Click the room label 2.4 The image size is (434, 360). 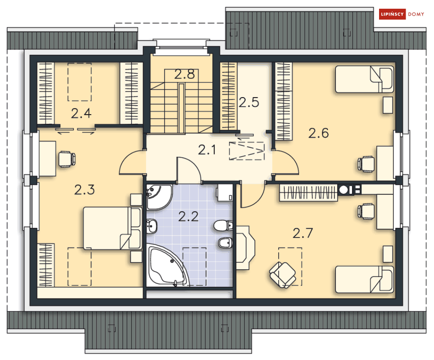tap(81, 113)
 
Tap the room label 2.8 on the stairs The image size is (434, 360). tap(185, 74)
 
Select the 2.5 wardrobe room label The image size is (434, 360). tap(249, 102)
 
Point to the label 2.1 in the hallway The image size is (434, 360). tap(207, 150)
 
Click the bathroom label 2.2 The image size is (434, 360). tap(188, 217)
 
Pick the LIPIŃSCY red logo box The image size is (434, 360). tap(392, 14)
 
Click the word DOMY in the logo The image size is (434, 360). tap(416, 14)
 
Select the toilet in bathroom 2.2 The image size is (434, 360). tap(223, 225)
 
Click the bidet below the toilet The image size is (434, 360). tap(226, 243)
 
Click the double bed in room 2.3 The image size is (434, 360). tap(113, 228)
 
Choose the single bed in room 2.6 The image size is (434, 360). tap(365, 79)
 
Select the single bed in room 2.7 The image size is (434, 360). tap(365, 279)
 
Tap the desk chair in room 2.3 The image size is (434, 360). tap(67, 159)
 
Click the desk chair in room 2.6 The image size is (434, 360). tap(366, 164)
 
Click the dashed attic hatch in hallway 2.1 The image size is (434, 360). tap(246, 151)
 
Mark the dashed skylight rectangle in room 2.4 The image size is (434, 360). tap(80, 82)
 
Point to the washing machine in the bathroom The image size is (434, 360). tap(225, 192)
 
